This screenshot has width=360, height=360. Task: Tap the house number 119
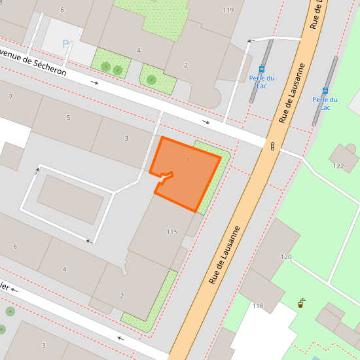point(228,10)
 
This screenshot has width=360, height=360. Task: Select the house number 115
point(172,232)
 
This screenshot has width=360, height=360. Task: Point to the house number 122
point(338,166)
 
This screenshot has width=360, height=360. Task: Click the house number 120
point(286,257)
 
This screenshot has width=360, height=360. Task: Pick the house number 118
point(257,306)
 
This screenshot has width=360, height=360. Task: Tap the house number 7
point(10,97)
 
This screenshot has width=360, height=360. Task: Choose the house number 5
point(68,118)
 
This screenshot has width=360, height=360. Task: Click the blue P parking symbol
point(65,44)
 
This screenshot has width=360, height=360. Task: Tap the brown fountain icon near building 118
point(300,303)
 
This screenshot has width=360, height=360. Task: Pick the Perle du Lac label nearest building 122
point(325,103)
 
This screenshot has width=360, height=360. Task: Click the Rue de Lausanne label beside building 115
point(225,255)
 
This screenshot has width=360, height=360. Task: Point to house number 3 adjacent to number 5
point(126,138)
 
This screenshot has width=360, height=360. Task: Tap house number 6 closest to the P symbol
point(62,10)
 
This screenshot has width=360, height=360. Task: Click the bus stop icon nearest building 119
point(262,69)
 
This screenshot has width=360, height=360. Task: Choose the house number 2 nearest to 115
point(122,296)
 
